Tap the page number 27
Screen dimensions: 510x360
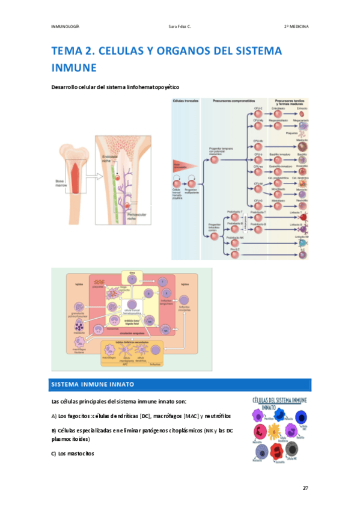305,488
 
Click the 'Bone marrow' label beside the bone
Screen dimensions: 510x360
57,181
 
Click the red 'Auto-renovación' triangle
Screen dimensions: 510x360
182,164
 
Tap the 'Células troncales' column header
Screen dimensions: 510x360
184,101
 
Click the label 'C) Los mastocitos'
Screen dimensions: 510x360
73,453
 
